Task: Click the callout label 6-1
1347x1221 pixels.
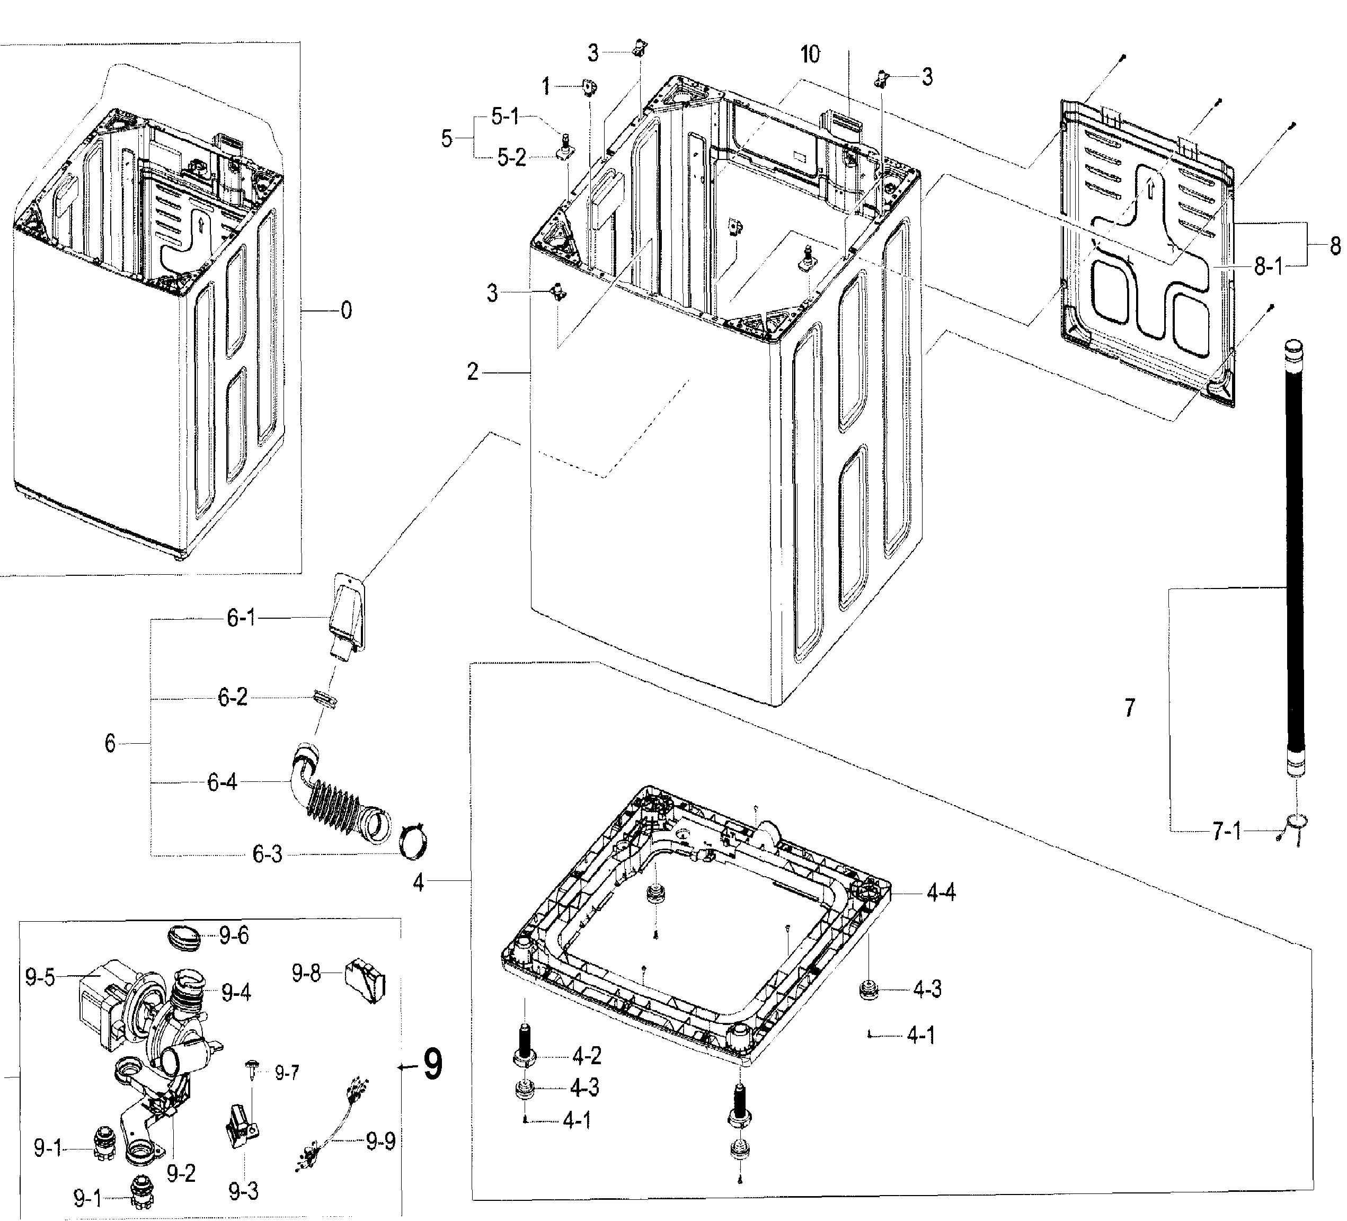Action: [241, 619]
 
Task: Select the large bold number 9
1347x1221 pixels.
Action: [432, 1065]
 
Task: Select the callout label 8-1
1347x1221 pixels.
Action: [1268, 266]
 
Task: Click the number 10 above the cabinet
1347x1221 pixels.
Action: [810, 55]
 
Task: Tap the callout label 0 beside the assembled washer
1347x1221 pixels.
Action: [345, 310]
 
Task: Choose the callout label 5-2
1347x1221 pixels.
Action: [511, 159]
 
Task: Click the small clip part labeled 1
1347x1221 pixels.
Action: [589, 87]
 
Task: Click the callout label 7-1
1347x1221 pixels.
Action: [1226, 832]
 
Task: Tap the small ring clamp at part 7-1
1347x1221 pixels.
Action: [1296, 823]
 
